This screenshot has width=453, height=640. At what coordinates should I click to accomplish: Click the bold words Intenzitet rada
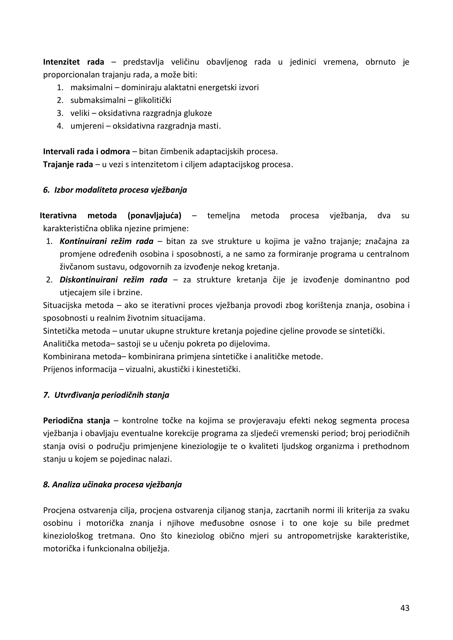pos(73,62)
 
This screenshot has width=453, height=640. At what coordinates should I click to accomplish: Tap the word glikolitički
pos(153,100)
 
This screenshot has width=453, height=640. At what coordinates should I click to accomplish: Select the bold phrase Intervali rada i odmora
pos(86,152)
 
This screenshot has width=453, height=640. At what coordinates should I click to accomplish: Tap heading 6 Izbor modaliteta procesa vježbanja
pos(115,190)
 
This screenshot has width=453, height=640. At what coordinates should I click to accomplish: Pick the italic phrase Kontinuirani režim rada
pos(107,241)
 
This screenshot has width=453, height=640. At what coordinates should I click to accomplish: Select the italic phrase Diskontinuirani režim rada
pos(113,280)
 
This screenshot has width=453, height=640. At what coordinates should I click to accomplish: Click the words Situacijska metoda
pos(78,306)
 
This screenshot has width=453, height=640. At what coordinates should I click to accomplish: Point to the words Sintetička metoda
pos(77,331)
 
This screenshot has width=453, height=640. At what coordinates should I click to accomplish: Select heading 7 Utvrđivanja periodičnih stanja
pos(106,395)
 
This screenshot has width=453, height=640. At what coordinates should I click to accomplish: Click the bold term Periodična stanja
pos(77,421)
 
